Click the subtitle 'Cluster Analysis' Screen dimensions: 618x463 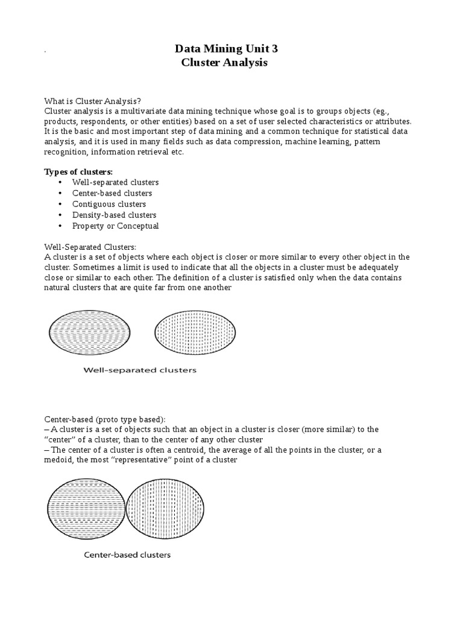click(224, 63)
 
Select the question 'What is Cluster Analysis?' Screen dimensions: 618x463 click(93, 100)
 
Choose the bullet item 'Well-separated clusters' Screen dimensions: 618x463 click(115, 182)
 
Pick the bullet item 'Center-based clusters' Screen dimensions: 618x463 click(112, 193)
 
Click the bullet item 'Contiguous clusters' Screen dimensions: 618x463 click(109, 204)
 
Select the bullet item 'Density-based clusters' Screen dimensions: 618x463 click(114, 215)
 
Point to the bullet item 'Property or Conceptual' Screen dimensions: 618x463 click(115, 226)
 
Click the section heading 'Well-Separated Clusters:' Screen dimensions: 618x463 click(90, 247)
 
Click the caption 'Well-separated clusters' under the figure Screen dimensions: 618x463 click(140, 370)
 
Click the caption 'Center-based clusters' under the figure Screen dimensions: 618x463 click(127, 555)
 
